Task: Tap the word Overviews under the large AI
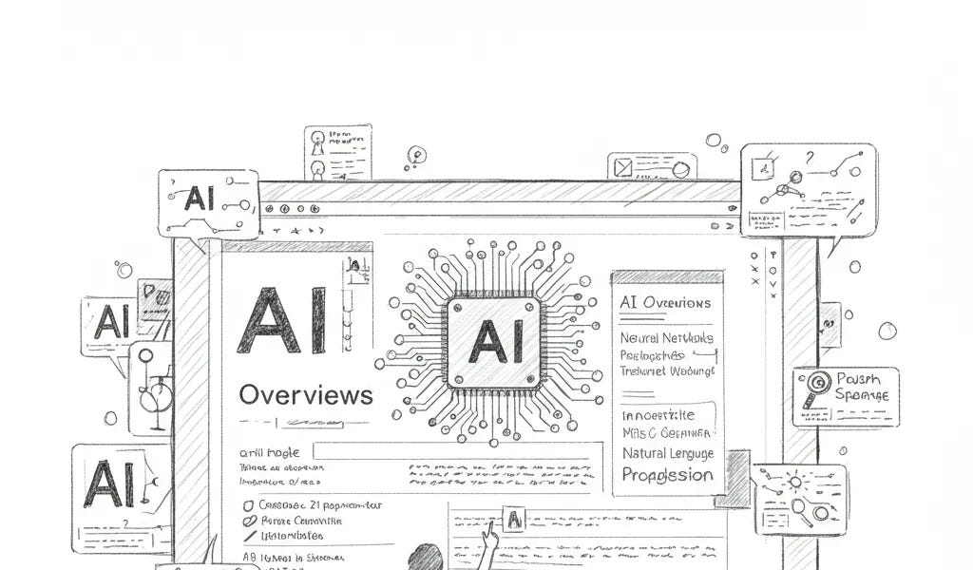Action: click(305, 394)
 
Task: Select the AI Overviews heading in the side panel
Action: click(664, 303)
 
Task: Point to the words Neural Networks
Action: click(666, 338)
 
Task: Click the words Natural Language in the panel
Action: click(667, 453)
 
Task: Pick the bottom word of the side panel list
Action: click(667, 475)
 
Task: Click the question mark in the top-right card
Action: click(810, 159)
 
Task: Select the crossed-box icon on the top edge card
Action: click(623, 168)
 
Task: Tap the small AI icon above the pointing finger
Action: click(514, 519)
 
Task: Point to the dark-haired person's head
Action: click(425, 559)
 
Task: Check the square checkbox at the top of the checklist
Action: click(249, 506)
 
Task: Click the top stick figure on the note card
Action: click(317, 140)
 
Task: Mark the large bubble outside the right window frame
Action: click(887, 331)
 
